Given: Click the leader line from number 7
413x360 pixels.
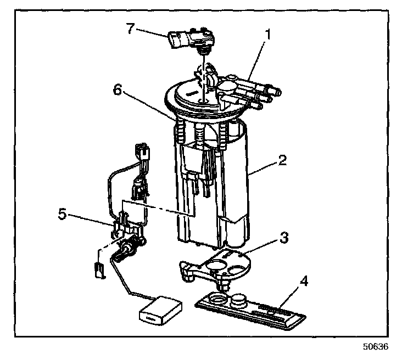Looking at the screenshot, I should [x=151, y=32].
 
